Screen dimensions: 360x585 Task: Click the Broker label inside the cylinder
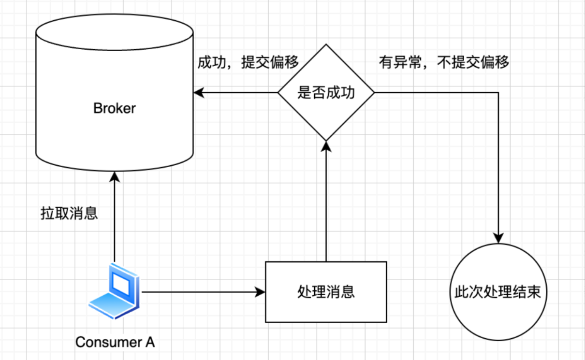(114, 108)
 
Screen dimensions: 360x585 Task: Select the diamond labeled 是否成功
(326, 92)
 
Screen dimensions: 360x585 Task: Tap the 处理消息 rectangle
(326, 292)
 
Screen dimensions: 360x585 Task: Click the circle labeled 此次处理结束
(497, 292)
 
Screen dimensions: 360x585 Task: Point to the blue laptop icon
(115, 291)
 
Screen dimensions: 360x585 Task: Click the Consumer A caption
(115, 342)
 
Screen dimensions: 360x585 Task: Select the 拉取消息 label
(69, 213)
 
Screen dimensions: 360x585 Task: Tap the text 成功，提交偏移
(248, 63)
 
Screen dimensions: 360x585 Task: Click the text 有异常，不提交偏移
(444, 63)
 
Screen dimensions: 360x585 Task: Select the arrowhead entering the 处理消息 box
(261, 292)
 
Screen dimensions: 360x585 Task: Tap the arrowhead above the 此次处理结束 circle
(498, 238)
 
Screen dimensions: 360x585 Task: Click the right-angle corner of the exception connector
(498, 92)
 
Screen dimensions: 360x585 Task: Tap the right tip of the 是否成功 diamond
(374, 92)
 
